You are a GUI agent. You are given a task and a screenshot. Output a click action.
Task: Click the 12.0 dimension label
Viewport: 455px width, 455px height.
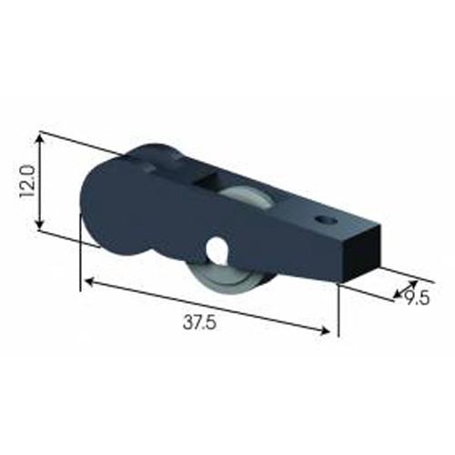point(27,181)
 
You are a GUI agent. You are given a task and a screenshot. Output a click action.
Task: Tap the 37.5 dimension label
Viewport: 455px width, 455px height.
point(199,322)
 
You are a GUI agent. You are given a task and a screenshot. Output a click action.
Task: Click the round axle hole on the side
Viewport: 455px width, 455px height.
point(217,248)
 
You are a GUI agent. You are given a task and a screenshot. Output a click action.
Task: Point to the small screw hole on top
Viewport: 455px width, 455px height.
point(326,219)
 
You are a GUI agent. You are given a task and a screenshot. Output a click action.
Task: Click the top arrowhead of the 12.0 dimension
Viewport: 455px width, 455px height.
point(39,138)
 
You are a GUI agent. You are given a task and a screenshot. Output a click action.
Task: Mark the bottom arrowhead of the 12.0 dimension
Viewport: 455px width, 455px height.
point(39,225)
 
